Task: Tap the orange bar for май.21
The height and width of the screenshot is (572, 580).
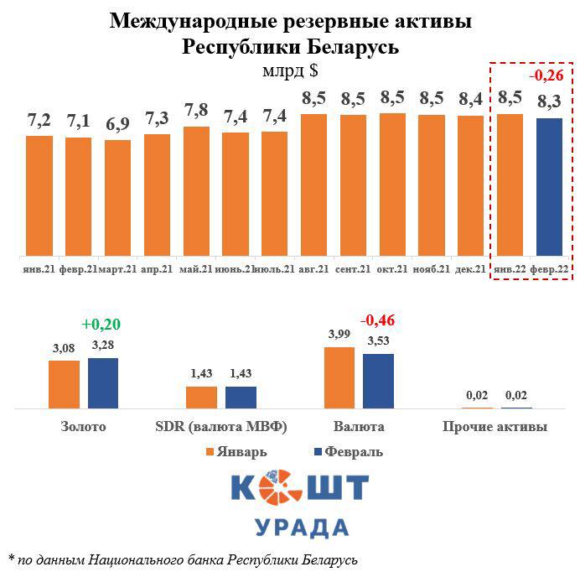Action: [196, 191]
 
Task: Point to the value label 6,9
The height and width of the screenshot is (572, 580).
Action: [117, 127]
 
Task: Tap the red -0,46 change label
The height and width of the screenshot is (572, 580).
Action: [380, 320]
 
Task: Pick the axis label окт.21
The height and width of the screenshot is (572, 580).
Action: [392, 269]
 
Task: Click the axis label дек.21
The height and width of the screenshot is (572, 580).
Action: [471, 269]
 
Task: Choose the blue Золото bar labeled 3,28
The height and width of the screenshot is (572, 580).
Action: [103, 382]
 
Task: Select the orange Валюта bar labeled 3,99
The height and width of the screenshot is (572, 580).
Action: [339, 377]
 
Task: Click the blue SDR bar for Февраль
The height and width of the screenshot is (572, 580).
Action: [241, 397]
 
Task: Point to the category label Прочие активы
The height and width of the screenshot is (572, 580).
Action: [495, 427]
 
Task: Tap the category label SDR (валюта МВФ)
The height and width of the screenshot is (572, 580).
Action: [221, 427]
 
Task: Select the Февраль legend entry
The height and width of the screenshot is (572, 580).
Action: [346, 452]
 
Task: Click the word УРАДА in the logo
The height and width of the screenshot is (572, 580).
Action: [300, 528]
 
